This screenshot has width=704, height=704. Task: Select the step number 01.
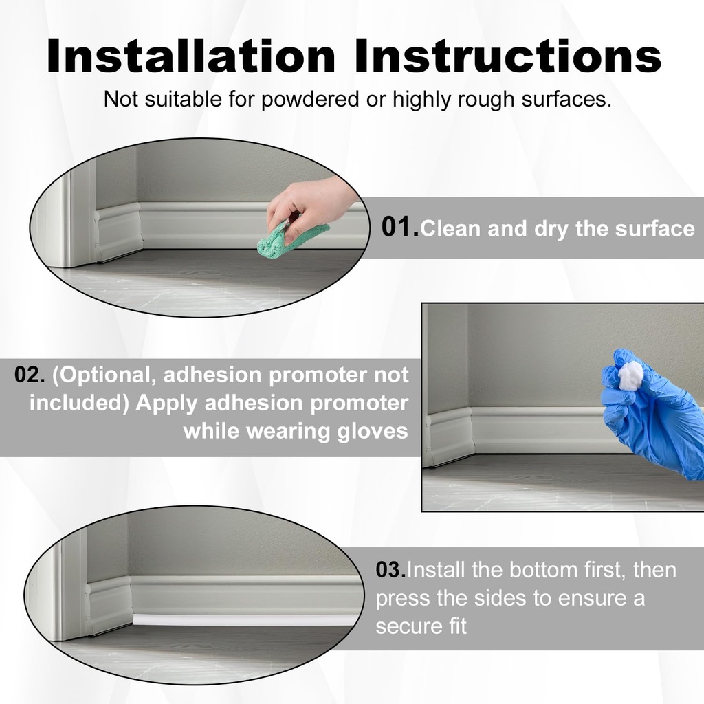[x=399, y=228]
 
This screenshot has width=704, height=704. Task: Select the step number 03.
[x=390, y=570]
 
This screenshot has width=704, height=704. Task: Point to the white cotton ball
[x=630, y=375]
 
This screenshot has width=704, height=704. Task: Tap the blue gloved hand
[x=653, y=419]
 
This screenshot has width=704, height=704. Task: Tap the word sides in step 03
[x=502, y=598]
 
